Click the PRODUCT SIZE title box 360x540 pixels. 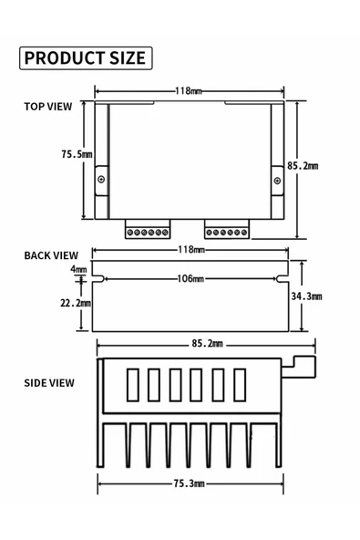(86, 57)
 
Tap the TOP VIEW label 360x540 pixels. (48, 107)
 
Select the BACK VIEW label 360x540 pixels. (51, 255)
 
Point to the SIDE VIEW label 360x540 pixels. (49, 383)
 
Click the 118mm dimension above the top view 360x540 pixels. (188, 91)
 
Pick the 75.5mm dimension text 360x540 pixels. (77, 154)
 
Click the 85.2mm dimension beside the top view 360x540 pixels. (303, 166)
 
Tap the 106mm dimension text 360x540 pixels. (190, 278)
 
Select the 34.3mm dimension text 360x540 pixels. (306, 296)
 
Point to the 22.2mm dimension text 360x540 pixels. (76, 303)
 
